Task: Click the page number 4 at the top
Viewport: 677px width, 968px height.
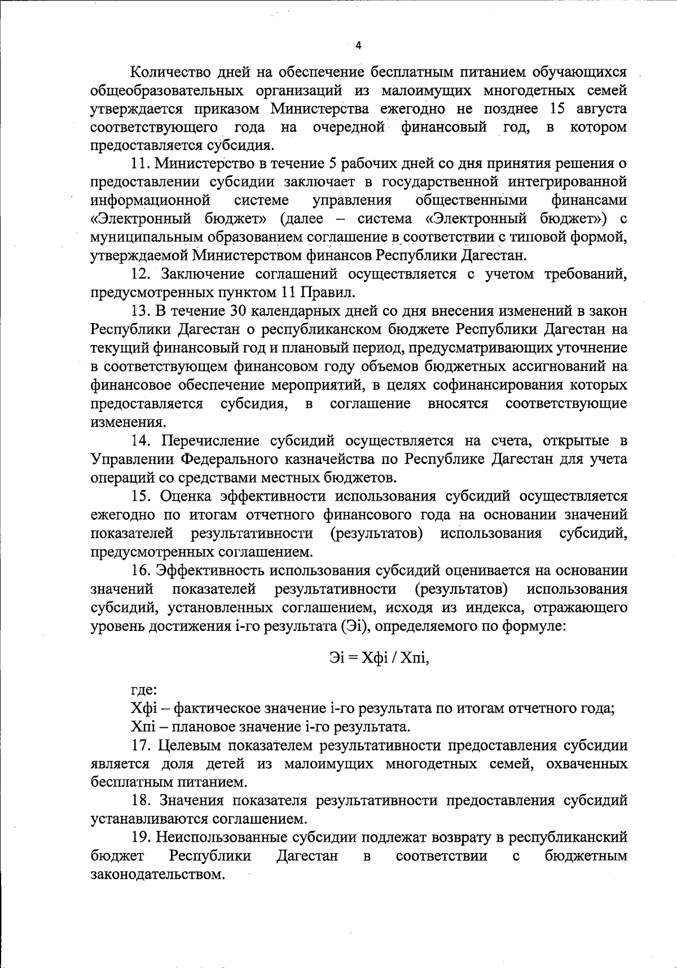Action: coord(358,46)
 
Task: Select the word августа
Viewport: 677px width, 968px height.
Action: coord(599,108)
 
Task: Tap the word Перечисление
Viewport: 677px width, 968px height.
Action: coord(204,440)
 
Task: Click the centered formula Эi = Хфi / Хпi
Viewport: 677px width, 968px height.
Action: coord(379,657)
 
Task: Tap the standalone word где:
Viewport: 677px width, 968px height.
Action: coord(144,690)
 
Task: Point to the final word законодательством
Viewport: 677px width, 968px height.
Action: coord(158,874)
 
